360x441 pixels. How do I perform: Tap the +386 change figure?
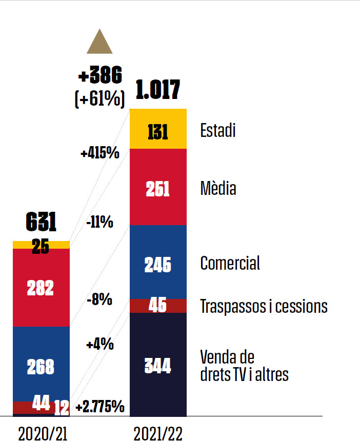(x=101, y=76)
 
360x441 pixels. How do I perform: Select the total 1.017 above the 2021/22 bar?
(x=158, y=90)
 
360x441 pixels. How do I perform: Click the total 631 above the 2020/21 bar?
(x=41, y=223)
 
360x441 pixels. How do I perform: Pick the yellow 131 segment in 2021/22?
(x=158, y=129)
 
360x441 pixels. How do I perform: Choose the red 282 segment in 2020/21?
(x=41, y=288)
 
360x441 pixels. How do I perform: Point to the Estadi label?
(x=218, y=130)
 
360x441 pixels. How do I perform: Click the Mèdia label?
(x=218, y=189)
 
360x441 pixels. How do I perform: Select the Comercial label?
(x=230, y=263)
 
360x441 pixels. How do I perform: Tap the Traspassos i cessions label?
(x=264, y=307)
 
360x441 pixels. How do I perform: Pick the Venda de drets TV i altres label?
(x=244, y=366)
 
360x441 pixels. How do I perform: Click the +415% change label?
(x=100, y=153)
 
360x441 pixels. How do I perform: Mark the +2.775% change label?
(x=100, y=407)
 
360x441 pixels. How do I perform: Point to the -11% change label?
(x=99, y=222)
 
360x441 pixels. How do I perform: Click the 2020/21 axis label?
(x=43, y=433)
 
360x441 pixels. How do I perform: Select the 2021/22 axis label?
(x=158, y=433)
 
